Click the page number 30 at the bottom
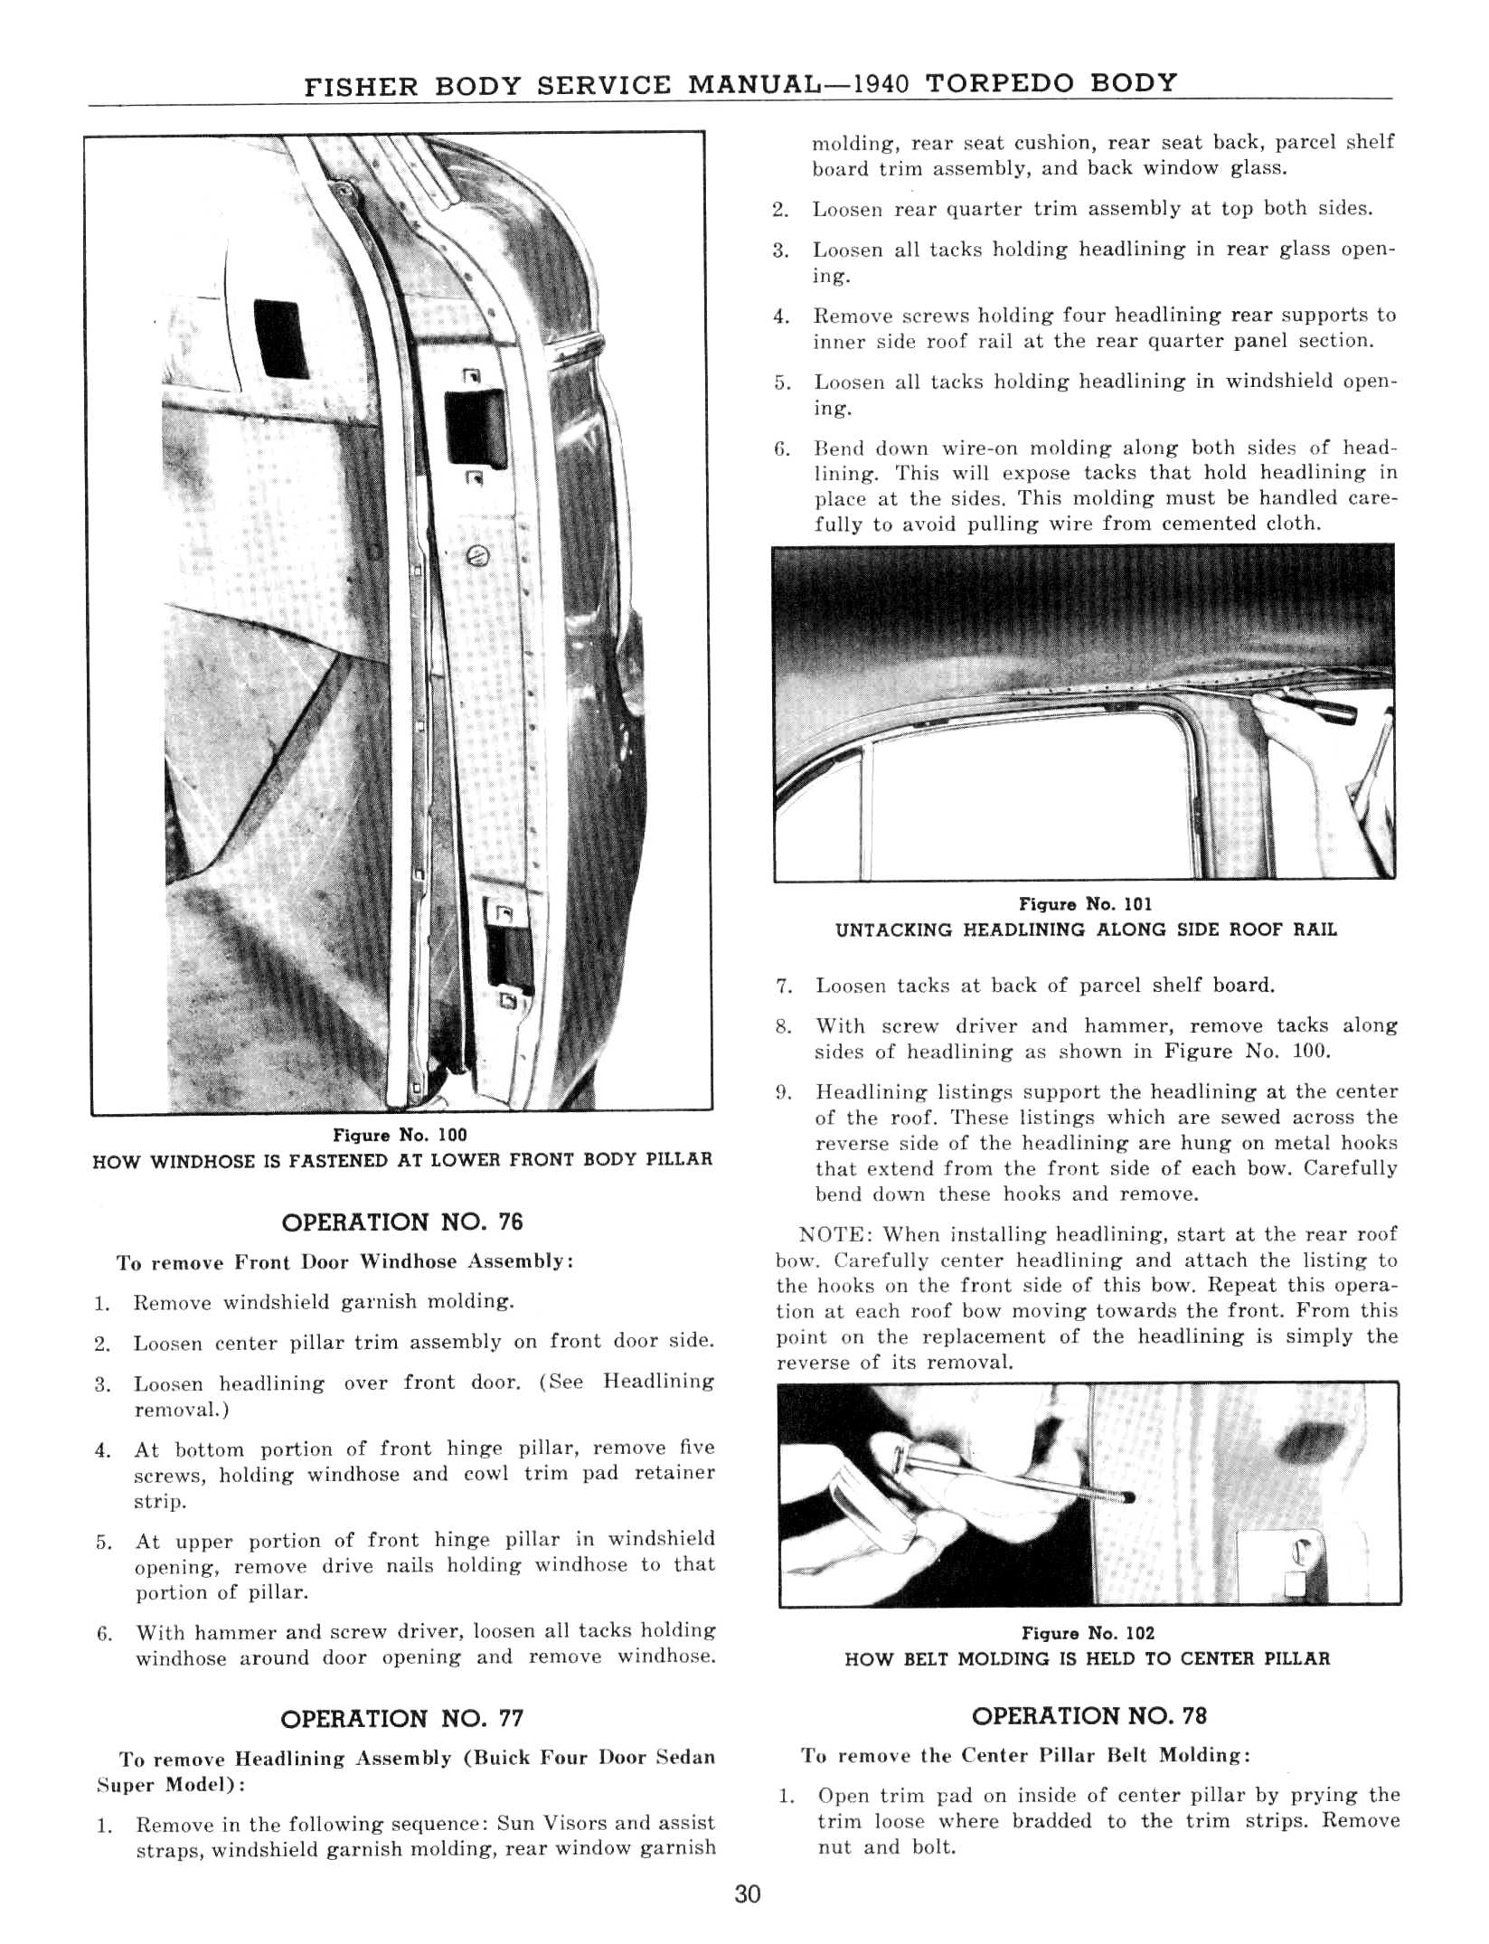tap(748, 1893)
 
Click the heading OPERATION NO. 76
tap(402, 1222)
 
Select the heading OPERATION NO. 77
tap(402, 1719)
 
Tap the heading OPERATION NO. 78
tap(1088, 1716)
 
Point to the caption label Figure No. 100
tap(401, 1135)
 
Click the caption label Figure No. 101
tap(1085, 904)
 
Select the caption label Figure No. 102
tap(1088, 1633)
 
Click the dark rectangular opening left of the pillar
tap(281, 339)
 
